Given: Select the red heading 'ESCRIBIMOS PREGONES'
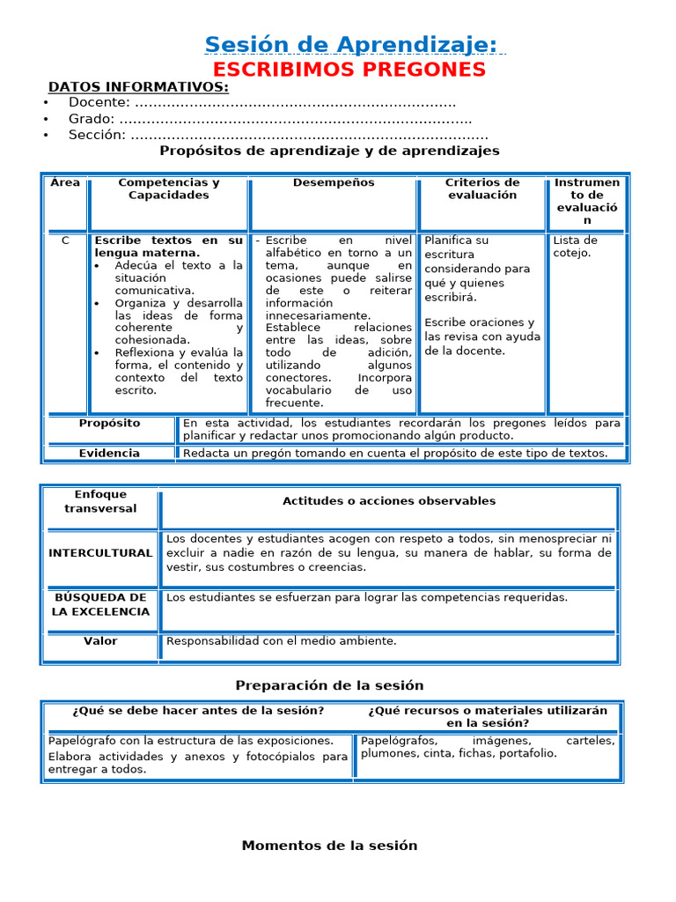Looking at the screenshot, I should tap(350, 70).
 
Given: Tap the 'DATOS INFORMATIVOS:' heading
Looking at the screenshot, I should tap(138, 86).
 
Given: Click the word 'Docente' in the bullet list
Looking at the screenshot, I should tap(99, 102).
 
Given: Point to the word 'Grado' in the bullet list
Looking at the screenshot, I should tap(92, 119).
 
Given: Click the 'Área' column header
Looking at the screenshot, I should tap(65, 182).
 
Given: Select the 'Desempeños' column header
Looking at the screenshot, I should tap(334, 182).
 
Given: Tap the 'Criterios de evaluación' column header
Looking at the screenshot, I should tap(481, 189).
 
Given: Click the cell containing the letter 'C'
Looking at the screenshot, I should tap(65, 240).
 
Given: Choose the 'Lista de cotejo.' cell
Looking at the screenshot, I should tap(575, 247).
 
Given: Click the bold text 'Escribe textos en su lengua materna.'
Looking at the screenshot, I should tap(168, 247).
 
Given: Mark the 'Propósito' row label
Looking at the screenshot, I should tap(109, 423).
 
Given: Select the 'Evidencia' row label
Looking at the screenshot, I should tap(109, 453).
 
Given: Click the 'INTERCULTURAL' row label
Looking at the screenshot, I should tap(100, 553).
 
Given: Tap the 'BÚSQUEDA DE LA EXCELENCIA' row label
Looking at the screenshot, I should tap(100, 604).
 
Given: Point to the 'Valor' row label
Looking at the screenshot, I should tap(100, 641).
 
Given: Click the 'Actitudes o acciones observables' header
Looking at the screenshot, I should tap(389, 501).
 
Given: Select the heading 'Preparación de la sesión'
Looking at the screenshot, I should tap(330, 685).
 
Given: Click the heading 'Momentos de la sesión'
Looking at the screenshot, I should tap(330, 846).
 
